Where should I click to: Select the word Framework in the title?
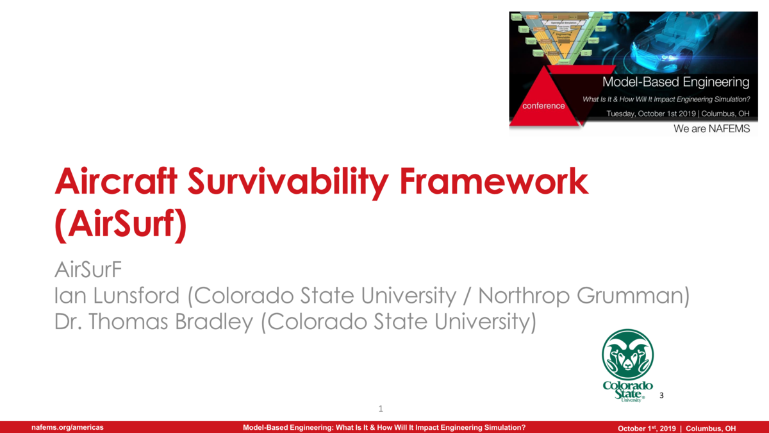(493, 183)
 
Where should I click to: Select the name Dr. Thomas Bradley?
(154, 321)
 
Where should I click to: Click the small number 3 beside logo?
(661, 395)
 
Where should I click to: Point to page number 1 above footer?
(381, 409)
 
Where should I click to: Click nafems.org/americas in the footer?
(68, 427)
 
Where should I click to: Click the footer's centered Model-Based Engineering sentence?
(384, 427)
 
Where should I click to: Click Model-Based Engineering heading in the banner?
(675, 82)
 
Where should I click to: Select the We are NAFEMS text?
(711, 129)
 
